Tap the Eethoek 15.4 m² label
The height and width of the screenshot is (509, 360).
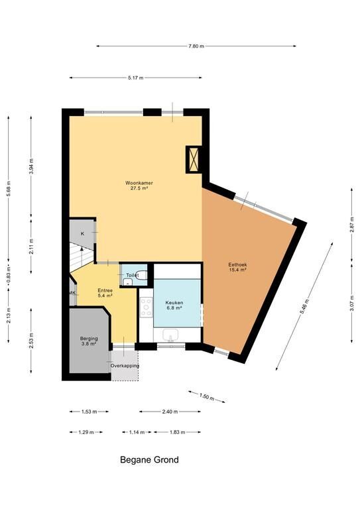[x=237, y=267]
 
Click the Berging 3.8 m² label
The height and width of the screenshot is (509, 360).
[x=89, y=341]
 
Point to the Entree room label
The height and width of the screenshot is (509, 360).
[x=105, y=293]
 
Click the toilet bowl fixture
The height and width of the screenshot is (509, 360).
[x=142, y=275]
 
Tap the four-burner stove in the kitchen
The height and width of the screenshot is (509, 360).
[x=146, y=307]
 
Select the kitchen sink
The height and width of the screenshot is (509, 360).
[x=171, y=335]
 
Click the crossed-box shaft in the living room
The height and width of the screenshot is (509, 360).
[x=194, y=160]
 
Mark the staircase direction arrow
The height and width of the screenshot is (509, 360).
[x=81, y=253]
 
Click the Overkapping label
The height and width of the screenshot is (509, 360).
[x=125, y=366]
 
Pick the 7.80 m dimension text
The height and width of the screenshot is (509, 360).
[x=196, y=46]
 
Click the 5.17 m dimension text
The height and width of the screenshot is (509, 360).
[x=135, y=78]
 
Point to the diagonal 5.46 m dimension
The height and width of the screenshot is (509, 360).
[x=304, y=306]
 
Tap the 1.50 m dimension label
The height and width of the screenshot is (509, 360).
[x=206, y=397]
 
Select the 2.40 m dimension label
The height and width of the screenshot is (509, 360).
[x=170, y=412]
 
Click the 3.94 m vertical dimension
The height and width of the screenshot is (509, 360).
[x=31, y=166]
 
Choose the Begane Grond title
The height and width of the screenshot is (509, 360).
[x=149, y=460]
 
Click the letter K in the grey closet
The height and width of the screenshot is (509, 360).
[x=82, y=233]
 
